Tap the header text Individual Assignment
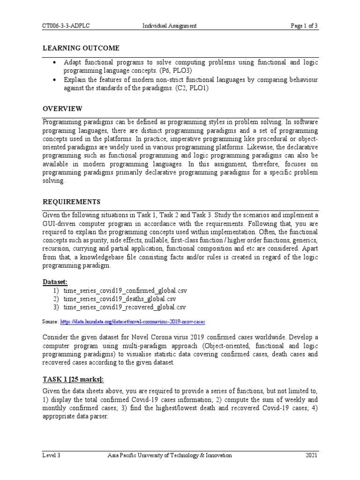(x=169, y=26)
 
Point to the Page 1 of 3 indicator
(x=304, y=26)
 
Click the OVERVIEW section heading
(x=62, y=109)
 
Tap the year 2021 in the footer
(x=311, y=455)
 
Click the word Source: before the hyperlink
(x=50, y=322)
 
